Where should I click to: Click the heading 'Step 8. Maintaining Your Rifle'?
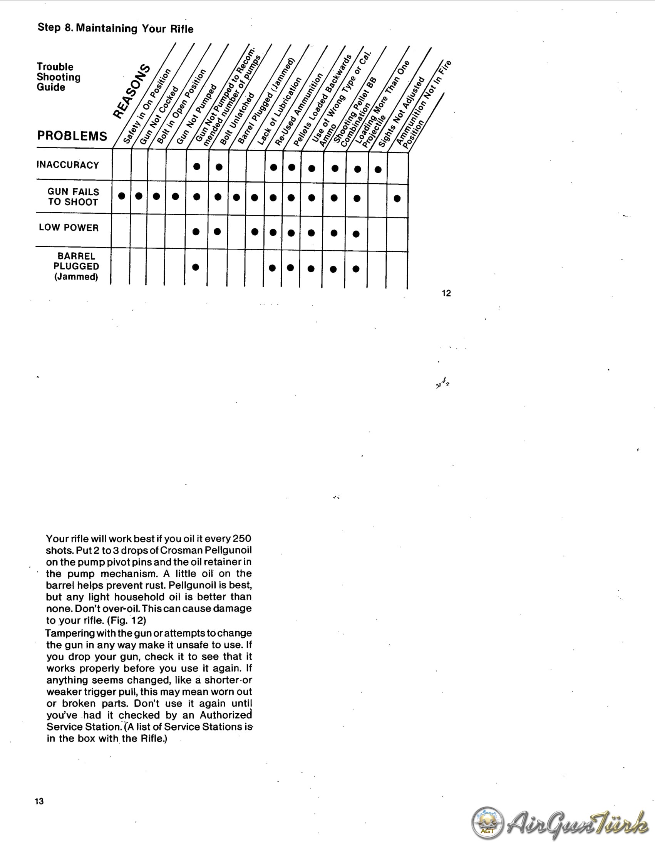116,28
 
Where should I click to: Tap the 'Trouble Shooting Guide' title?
59,77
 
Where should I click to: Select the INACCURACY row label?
68,165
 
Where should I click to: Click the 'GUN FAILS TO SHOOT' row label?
73,197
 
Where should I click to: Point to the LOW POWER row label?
69,227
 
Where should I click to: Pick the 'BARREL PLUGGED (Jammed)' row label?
76,266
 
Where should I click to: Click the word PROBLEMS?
72,136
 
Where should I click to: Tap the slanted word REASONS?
131,91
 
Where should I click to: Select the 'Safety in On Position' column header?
147,107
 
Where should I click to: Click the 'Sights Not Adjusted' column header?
401,112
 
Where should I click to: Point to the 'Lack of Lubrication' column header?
279,112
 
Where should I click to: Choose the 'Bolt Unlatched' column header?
237,119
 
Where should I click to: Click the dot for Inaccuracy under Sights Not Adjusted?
378,170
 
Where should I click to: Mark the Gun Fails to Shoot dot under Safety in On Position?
122,196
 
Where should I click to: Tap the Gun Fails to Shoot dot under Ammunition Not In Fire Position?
397,198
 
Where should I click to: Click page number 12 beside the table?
446,293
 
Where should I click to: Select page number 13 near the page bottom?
39,801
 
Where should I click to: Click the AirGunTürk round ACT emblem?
487,823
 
